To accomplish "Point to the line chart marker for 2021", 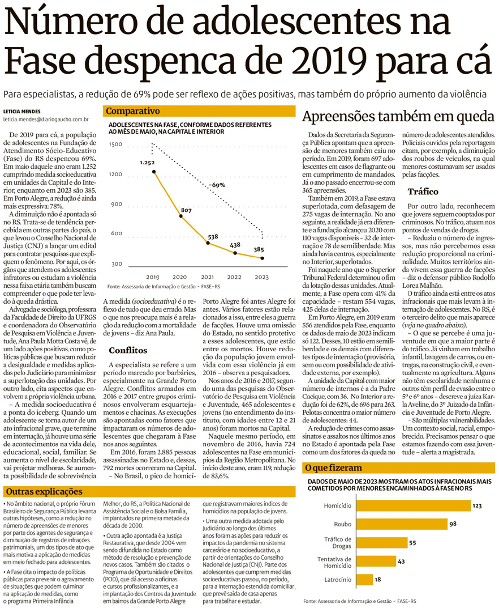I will point(209,243).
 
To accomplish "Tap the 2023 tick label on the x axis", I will point(262,277).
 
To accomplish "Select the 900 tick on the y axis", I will point(116,204).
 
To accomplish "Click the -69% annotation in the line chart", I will point(217,185).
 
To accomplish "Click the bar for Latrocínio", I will point(365,579).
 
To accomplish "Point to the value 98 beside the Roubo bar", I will point(453,524).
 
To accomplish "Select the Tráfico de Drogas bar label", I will point(338,542).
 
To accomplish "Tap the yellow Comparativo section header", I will point(126,111).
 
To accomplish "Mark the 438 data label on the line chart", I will point(235,245).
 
